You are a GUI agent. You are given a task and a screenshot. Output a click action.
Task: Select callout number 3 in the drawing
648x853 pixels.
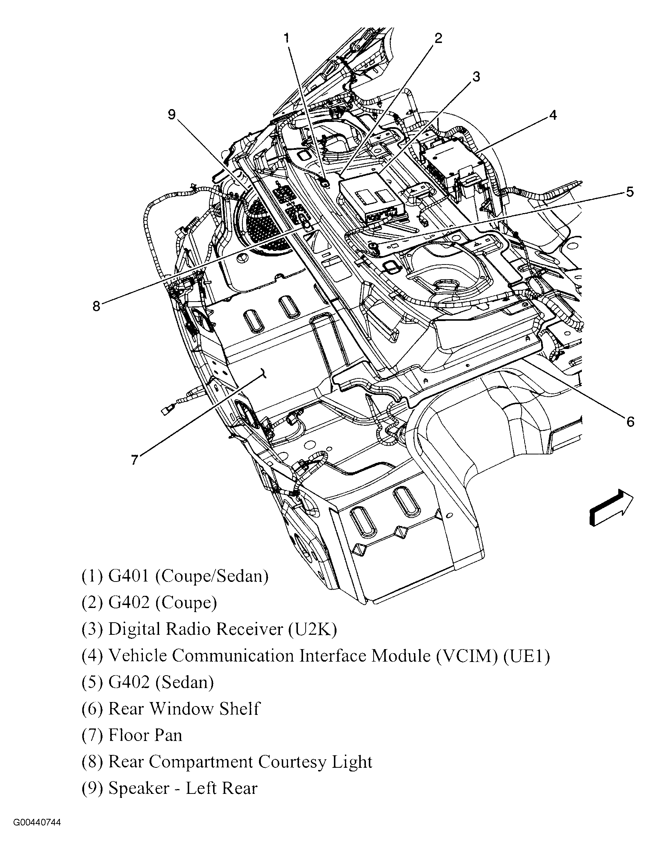point(476,77)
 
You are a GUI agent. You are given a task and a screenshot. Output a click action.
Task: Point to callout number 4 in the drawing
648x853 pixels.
point(553,115)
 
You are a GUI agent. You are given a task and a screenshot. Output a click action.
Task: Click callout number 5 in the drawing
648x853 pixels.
point(630,192)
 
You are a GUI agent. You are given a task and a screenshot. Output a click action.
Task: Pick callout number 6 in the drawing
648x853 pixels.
point(630,422)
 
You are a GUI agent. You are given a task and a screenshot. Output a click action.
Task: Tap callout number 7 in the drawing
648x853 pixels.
point(134,460)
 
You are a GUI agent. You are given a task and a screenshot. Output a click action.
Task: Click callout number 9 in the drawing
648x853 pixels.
point(172,115)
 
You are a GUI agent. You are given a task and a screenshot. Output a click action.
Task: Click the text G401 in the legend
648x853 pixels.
point(128,576)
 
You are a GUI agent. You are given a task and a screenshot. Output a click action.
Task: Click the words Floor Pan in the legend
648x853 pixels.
point(145,735)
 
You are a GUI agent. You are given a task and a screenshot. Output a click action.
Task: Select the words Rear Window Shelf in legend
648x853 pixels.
point(184,709)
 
